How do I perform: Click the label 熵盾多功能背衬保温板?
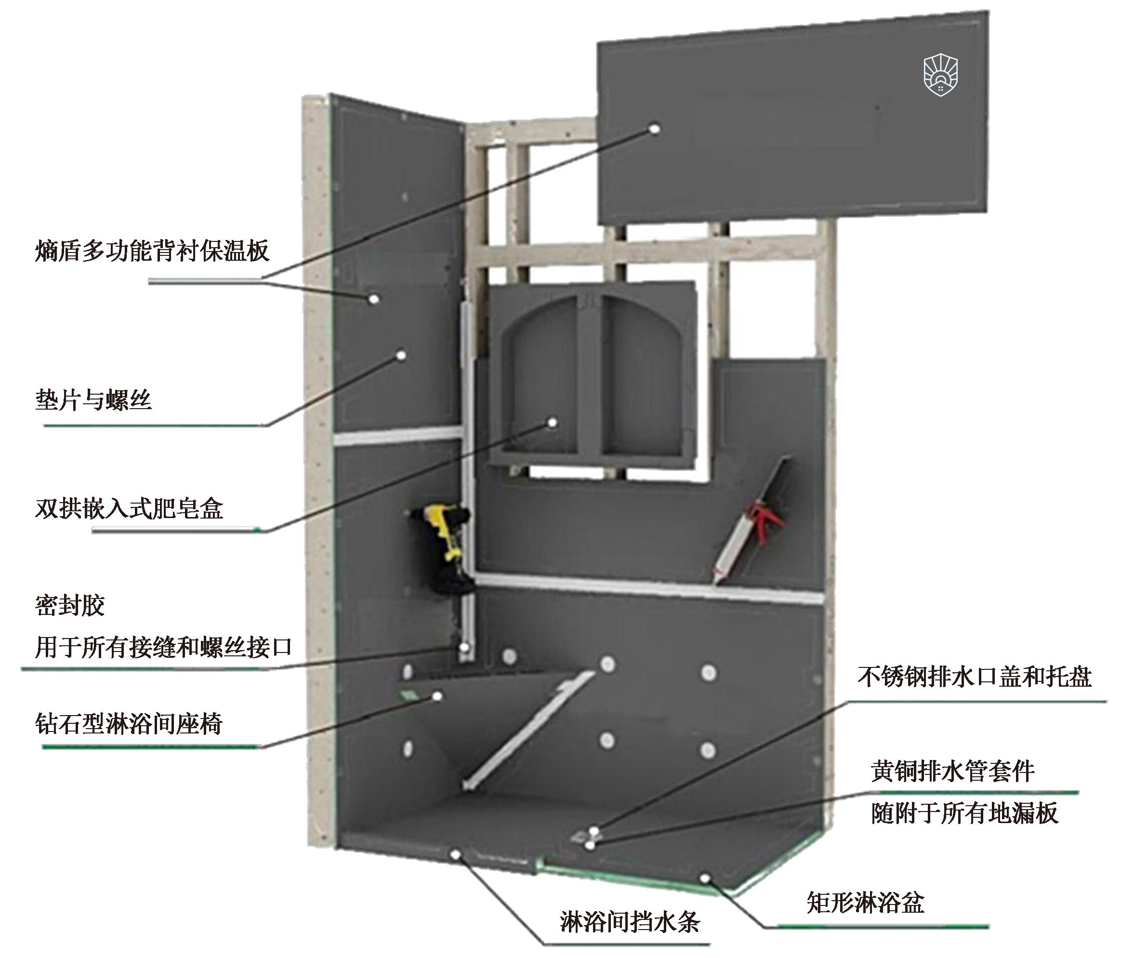click(x=152, y=251)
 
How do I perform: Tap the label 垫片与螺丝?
click(x=93, y=400)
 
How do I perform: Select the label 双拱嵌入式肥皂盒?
click(x=129, y=508)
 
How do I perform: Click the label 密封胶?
click(x=70, y=605)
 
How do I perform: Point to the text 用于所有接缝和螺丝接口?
click(x=163, y=647)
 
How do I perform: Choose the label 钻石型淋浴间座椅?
click(x=129, y=724)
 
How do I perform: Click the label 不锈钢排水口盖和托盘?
click(x=975, y=677)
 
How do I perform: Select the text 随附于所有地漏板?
click(x=964, y=813)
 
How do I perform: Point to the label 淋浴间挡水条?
click(x=630, y=922)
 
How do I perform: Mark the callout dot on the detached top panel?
click(x=655, y=129)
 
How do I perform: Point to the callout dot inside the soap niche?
click(x=553, y=422)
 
